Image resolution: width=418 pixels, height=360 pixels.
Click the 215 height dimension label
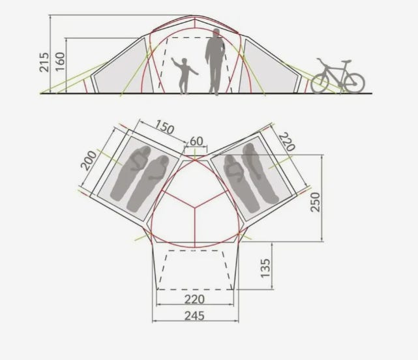pyautogui.click(x=44, y=63)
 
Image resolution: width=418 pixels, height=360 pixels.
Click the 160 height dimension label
pyautogui.click(x=60, y=61)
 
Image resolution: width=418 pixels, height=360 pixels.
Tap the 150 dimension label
pyautogui.click(x=165, y=127)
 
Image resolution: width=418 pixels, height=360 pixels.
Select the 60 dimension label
pyautogui.click(x=196, y=142)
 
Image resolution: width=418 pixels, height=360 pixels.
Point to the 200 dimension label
pyautogui.click(x=89, y=160)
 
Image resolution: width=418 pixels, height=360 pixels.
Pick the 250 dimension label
pyautogui.click(x=316, y=202)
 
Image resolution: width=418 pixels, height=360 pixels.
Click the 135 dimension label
pyautogui.click(x=265, y=268)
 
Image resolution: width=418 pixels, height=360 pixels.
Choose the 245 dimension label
pyautogui.click(x=194, y=316)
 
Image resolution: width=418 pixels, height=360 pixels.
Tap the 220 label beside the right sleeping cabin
pyautogui.click(x=287, y=142)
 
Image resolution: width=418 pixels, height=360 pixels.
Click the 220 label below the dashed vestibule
pyautogui.click(x=194, y=299)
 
